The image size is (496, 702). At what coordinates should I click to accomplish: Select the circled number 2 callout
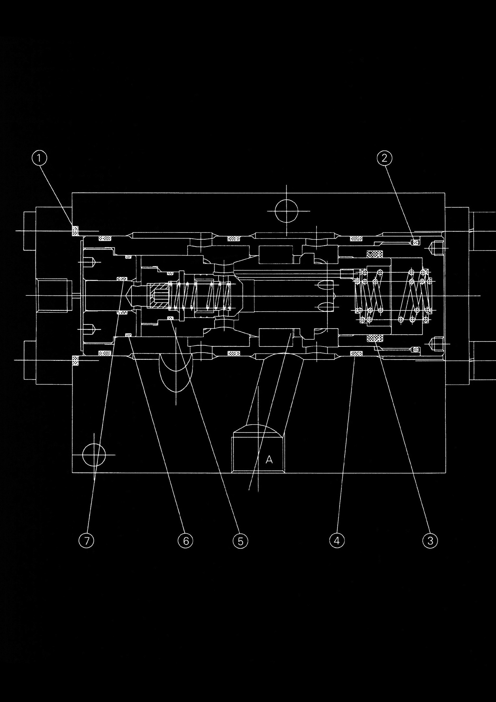[x=384, y=158]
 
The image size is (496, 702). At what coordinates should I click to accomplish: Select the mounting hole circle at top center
[x=286, y=211]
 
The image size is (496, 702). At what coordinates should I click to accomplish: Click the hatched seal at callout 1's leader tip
[x=75, y=231]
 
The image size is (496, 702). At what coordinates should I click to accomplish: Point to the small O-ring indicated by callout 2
[x=415, y=243]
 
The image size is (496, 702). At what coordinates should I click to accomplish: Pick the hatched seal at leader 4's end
[x=356, y=354]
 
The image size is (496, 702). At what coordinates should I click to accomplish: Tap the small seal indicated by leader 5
[x=170, y=318]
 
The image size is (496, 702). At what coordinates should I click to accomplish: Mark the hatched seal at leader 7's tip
[x=122, y=279]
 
